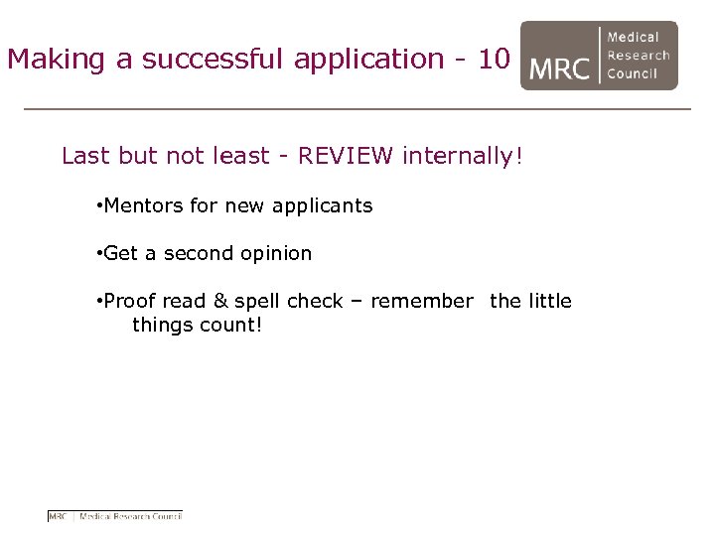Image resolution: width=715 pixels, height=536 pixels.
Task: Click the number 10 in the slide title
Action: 494,60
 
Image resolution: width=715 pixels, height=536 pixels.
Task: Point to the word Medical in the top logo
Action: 633,38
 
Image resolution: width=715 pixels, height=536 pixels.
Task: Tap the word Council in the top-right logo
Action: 633,73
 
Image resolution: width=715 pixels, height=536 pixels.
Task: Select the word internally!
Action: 462,156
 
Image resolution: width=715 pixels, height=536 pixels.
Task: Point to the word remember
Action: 421,301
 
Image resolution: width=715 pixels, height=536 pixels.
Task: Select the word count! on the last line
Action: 231,325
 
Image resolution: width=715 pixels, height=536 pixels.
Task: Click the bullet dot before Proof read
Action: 99,301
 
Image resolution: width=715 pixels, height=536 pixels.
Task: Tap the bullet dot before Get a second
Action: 99,253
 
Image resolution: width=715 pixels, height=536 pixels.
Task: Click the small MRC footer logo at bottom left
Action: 115,516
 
